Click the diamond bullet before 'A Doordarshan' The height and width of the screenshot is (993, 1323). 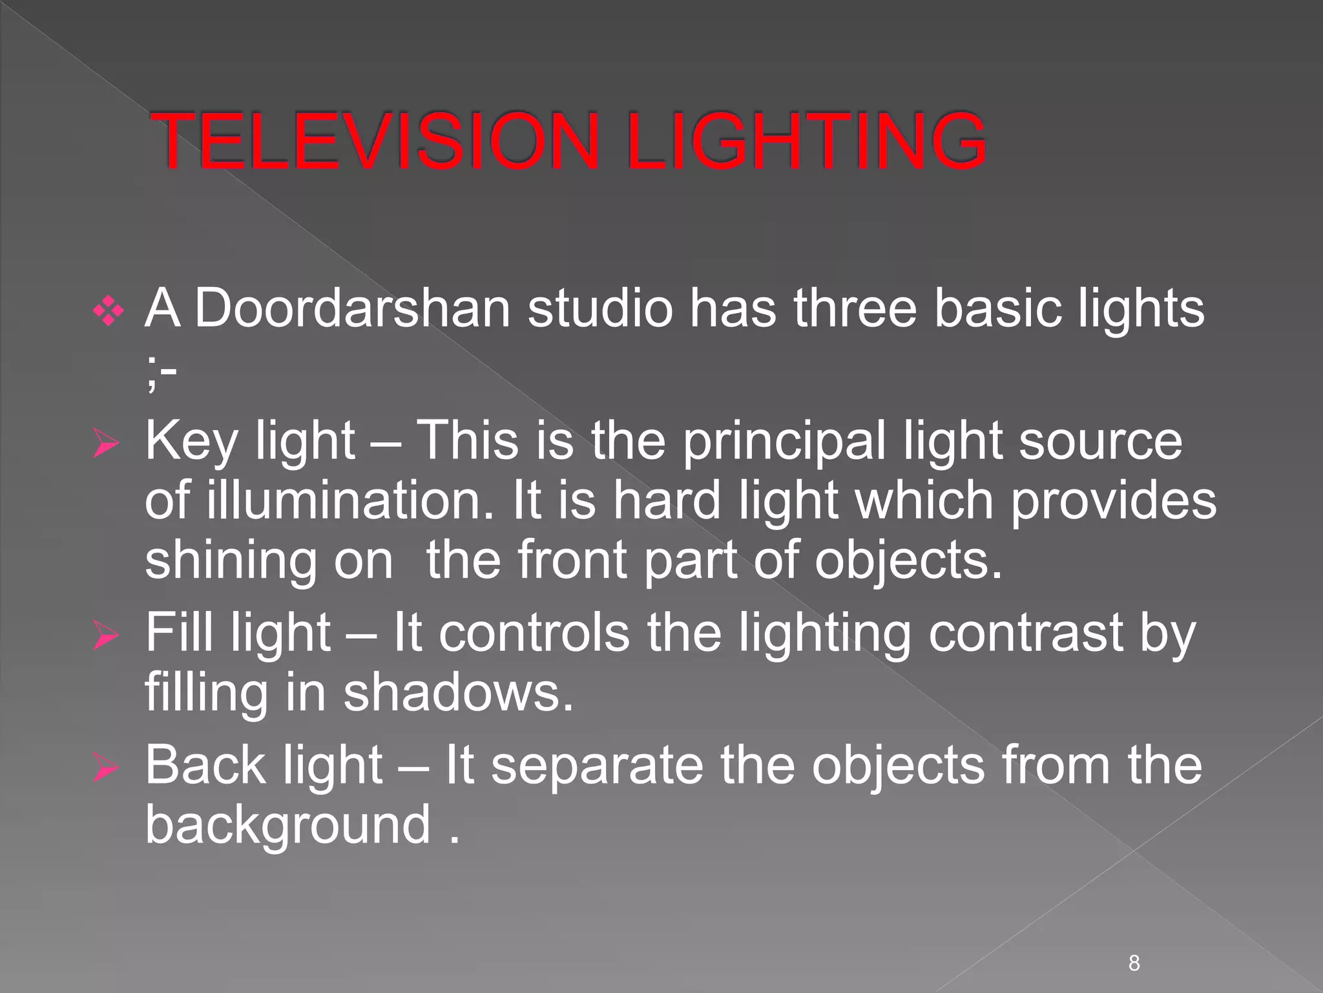click(x=108, y=313)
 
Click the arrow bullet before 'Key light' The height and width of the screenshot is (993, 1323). click(x=106, y=444)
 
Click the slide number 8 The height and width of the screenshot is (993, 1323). click(x=1134, y=963)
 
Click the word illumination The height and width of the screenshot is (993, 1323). click(x=349, y=501)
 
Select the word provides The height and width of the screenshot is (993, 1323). click(x=1113, y=501)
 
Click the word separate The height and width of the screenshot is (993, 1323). click(x=597, y=766)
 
